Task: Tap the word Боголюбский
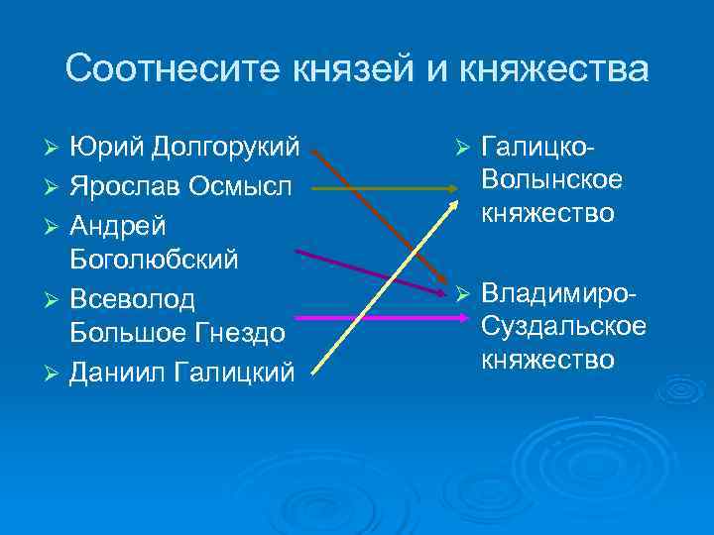(156, 260)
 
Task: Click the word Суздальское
(563, 325)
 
